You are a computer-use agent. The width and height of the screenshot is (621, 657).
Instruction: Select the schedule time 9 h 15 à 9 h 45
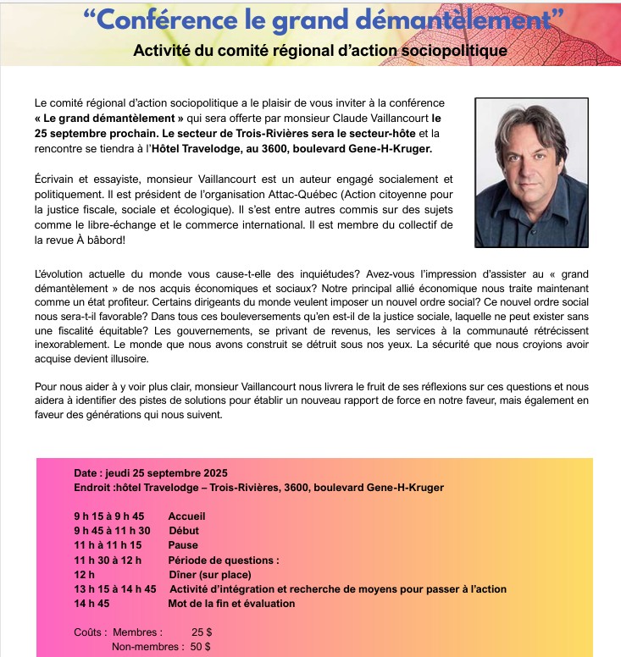click(x=109, y=516)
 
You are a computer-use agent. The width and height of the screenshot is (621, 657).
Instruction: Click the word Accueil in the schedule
click(x=186, y=516)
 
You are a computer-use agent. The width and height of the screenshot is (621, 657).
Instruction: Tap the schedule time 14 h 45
click(x=92, y=604)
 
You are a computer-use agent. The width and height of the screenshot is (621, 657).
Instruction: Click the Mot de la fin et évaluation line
click(x=231, y=604)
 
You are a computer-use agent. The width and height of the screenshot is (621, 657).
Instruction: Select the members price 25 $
click(x=202, y=632)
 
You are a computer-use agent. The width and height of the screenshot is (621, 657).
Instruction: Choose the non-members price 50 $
click(x=201, y=647)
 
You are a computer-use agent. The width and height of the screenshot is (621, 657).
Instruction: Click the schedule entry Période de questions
click(x=224, y=560)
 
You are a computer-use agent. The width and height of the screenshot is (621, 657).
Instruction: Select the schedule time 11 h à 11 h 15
click(x=108, y=545)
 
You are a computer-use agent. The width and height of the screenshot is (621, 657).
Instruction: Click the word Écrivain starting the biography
click(x=54, y=179)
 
